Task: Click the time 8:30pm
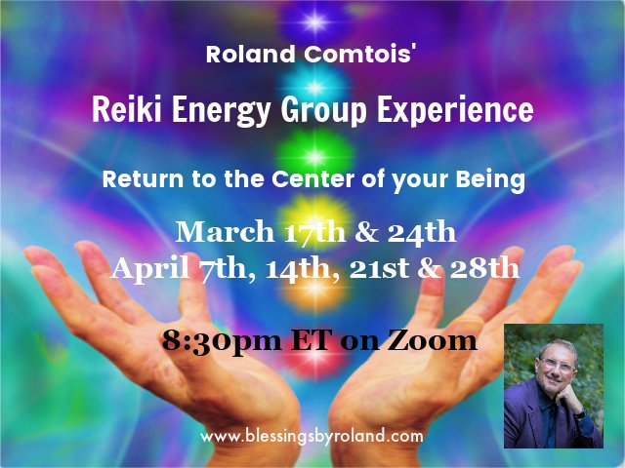(x=209, y=341)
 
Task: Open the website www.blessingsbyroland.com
(x=312, y=436)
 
